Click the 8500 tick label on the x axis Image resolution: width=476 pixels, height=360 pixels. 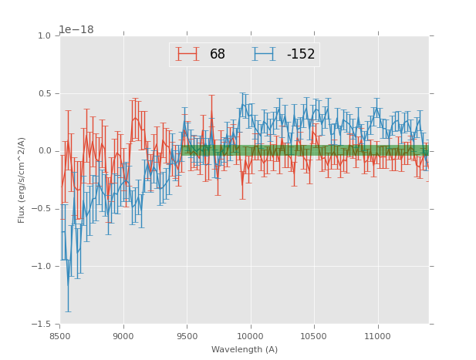coord(60,336)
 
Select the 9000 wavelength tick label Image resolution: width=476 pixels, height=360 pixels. coord(123,336)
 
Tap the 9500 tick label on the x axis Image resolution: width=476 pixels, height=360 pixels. coord(187,336)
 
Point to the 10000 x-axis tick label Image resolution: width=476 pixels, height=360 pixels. coord(251,336)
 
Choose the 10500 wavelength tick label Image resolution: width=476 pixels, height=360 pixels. coord(314,336)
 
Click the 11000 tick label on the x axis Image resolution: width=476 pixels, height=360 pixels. coord(377,336)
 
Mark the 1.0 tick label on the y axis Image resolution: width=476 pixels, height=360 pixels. coord(44,36)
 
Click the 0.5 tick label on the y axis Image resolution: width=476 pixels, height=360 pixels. coord(44,94)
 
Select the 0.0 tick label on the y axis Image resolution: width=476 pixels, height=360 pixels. coord(44,151)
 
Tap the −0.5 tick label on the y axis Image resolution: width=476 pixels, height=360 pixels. coord(42,209)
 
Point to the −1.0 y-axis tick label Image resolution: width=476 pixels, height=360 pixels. coord(42,267)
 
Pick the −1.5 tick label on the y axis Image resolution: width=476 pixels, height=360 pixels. coord(42,325)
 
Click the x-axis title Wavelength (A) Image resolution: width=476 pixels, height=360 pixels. coord(245,350)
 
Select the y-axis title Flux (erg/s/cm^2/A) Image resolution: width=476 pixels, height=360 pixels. coord(22,180)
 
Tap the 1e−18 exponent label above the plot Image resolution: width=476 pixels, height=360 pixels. coord(76,30)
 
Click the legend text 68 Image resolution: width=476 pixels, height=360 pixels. coord(218,55)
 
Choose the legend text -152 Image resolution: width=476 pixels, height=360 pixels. coord(301,55)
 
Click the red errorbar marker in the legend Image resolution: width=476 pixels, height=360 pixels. coord(187,55)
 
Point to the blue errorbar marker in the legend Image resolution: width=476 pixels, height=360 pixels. coord(265,55)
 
